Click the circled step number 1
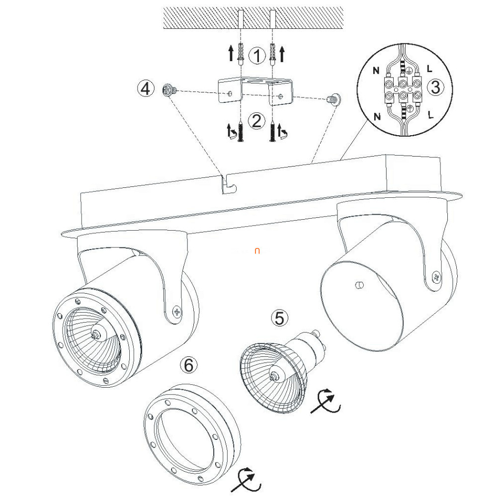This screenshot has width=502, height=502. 257,55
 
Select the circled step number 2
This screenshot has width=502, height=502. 256,121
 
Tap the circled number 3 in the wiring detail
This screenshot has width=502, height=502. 435,87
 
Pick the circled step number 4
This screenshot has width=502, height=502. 146,88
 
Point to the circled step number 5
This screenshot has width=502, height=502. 279,318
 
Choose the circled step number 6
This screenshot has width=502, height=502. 188,365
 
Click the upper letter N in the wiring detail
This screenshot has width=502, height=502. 376,70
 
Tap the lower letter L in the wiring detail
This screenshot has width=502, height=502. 430,115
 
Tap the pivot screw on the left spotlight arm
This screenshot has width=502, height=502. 176,311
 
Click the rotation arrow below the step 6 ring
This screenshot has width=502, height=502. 246,480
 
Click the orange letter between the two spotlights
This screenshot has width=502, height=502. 257,251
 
